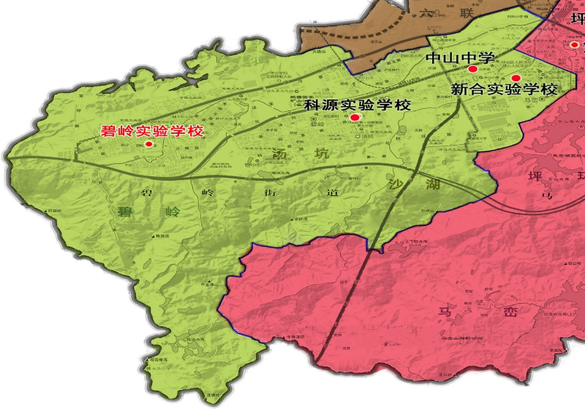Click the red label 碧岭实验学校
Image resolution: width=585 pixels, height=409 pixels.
[151, 132]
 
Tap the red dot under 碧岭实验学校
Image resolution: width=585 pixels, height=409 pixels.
[149, 144]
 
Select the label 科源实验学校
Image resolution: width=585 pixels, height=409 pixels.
[358, 105]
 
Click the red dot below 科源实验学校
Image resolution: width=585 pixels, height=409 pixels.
[355, 117]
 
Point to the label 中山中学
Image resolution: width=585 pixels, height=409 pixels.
[461, 57]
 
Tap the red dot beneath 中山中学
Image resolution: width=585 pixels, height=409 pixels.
[472, 69]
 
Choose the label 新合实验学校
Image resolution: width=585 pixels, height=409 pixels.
[504, 89]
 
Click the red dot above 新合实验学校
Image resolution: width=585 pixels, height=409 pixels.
[515, 78]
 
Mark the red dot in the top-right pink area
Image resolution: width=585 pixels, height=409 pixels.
[574, 44]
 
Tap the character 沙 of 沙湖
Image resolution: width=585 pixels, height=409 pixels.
[399, 184]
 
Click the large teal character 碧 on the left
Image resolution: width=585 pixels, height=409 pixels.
[126, 212]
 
